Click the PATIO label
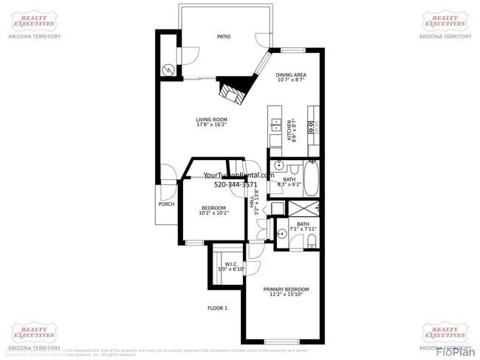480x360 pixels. tap(223, 35)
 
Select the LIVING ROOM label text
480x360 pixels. tap(211, 120)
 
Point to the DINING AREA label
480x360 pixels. tap(291, 75)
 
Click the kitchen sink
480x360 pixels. tap(275, 125)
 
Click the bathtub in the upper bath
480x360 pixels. tap(311, 179)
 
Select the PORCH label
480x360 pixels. tap(167, 204)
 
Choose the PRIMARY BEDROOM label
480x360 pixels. tap(287, 289)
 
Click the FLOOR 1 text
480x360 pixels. tap(217, 308)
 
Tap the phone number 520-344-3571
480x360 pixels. tap(236, 184)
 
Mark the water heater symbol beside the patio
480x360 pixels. tap(168, 69)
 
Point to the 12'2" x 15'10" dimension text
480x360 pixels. tap(287, 295)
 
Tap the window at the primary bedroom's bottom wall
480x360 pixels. tap(281, 342)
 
